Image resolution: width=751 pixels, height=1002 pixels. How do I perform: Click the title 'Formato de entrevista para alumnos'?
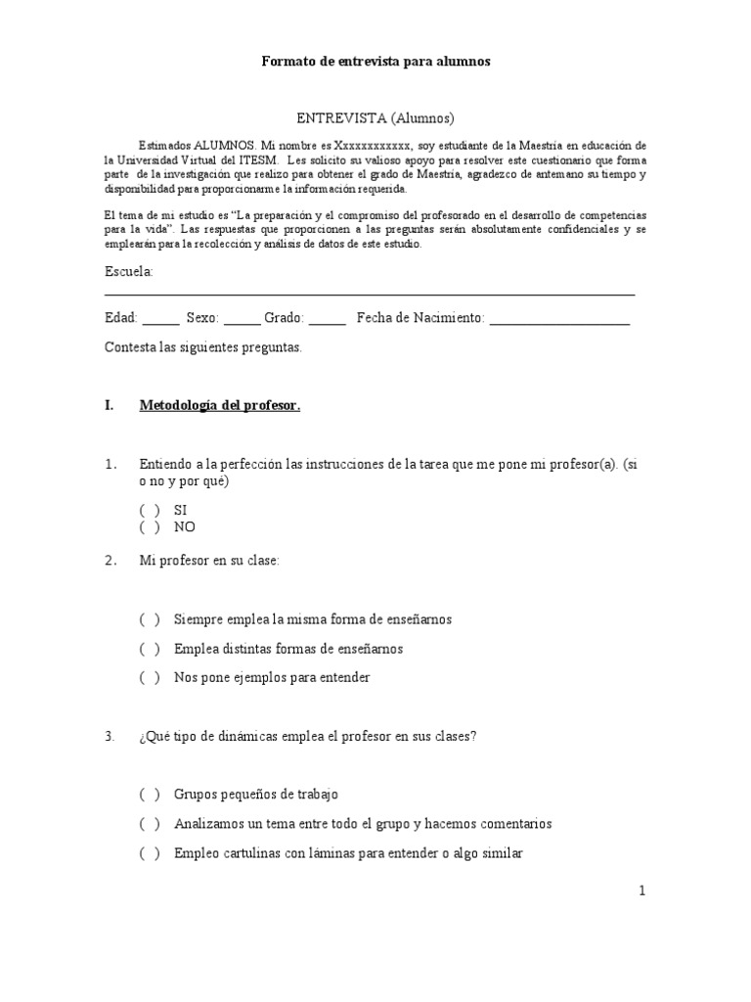click(x=375, y=62)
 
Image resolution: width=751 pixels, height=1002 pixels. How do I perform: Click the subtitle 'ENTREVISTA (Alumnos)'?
click(x=375, y=118)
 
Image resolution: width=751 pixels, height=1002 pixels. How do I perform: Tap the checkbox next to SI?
click(x=150, y=511)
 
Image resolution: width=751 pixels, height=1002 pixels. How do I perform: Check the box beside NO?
click(x=150, y=527)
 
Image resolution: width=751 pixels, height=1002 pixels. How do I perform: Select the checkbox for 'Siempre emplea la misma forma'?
click(x=150, y=620)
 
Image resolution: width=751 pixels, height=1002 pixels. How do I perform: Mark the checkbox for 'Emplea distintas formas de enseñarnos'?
click(x=150, y=649)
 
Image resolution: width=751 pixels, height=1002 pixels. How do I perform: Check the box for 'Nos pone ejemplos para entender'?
click(x=150, y=677)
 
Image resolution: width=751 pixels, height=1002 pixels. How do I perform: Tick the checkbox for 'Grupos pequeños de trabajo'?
click(x=150, y=796)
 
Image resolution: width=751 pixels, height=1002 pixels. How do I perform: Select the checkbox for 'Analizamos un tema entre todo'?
click(x=150, y=824)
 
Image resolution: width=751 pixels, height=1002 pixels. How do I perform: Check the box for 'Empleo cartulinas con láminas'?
click(x=150, y=853)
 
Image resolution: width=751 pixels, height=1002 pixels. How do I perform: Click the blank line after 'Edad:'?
click(x=161, y=321)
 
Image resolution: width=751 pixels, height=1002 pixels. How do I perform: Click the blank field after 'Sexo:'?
click(x=242, y=321)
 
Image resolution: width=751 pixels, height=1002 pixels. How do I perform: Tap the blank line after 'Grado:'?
click(x=328, y=321)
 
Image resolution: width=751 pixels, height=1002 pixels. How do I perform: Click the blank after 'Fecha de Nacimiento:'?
click(x=559, y=321)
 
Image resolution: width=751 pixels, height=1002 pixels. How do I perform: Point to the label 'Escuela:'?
click(x=128, y=271)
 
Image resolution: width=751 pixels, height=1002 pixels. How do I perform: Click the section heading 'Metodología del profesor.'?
click(x=220, y=405)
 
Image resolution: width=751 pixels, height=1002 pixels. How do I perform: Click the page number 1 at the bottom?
click(x=642, y=890)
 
